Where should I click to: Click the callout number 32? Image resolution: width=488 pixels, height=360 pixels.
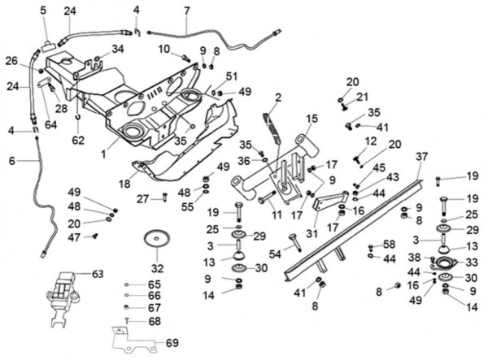tap(156, 267)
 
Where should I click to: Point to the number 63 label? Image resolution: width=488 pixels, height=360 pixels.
tap(98, 274)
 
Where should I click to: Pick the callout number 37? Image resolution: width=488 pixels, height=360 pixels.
tap(420, 156)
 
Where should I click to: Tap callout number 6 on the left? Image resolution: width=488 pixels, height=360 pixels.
tap(11, 161)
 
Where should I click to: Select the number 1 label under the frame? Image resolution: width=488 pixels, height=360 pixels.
tap(102, 153)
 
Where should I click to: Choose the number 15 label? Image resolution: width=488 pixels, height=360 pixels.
tap(311, 118)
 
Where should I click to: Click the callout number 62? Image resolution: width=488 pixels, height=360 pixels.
tap(78, 140)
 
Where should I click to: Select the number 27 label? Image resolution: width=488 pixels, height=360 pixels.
tap(142, 198)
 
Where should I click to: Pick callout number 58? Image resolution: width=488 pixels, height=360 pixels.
tap(389, 244)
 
